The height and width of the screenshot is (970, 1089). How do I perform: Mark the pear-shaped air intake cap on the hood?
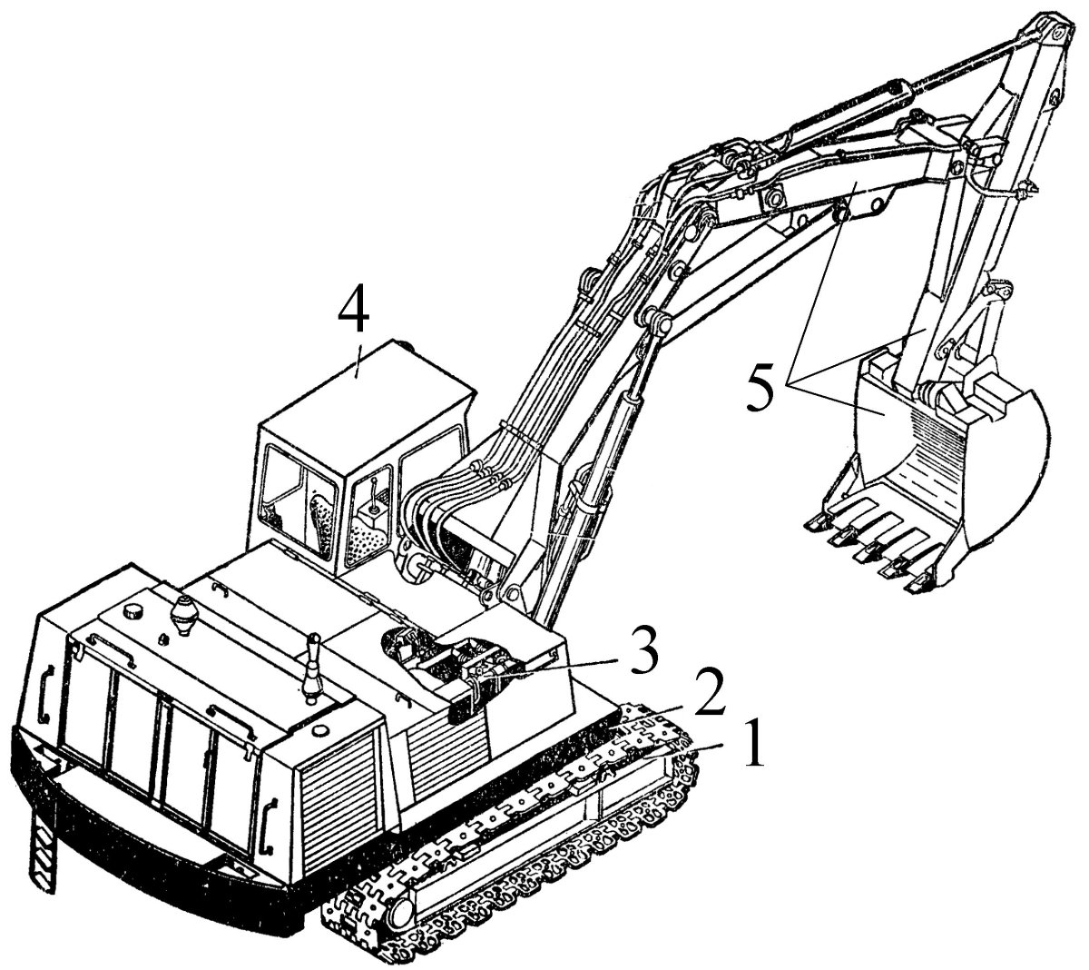pos(184,615)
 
